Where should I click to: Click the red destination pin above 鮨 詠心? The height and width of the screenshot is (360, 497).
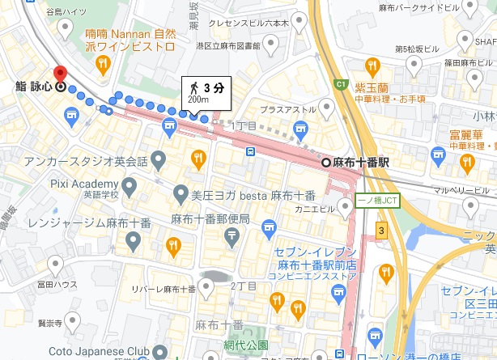pyautogui.click(x=59, y=73)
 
